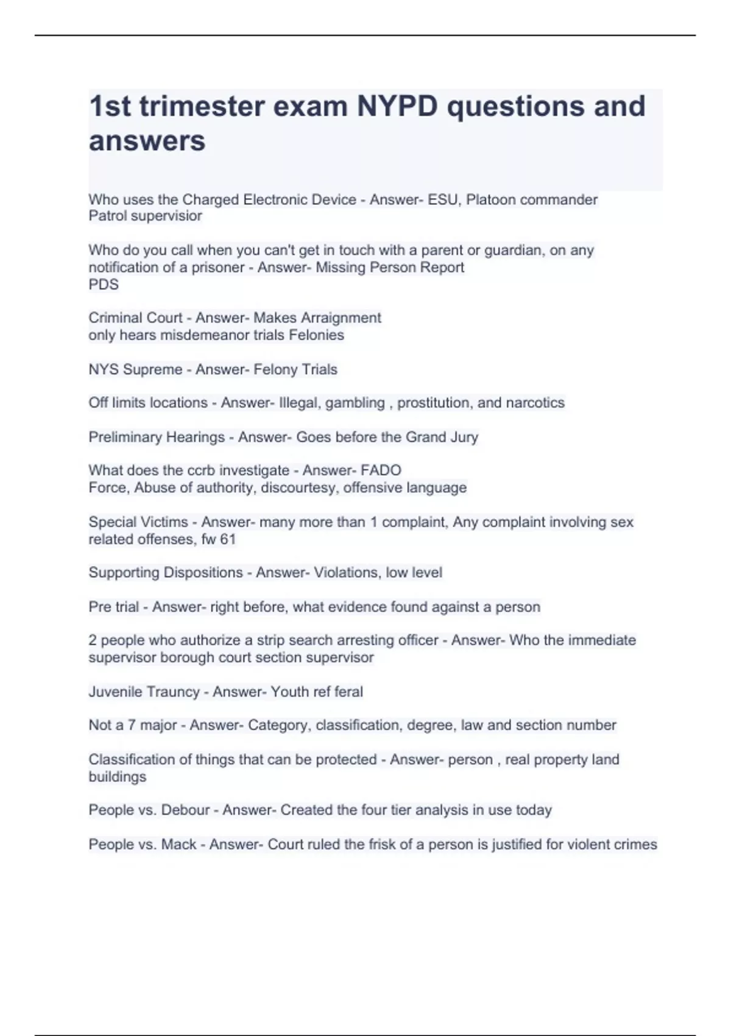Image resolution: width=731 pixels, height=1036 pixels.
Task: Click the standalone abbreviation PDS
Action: [x=104, y=285]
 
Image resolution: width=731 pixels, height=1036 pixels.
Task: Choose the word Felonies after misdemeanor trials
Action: [x=316, y=335]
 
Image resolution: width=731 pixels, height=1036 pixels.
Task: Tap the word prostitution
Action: [x=434, y=403]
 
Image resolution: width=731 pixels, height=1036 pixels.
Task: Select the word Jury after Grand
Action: [x=464, y=437]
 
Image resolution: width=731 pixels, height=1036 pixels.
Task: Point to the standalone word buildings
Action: [x=118, y=777]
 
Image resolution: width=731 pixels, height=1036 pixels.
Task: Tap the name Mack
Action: [x=178, y=845]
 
